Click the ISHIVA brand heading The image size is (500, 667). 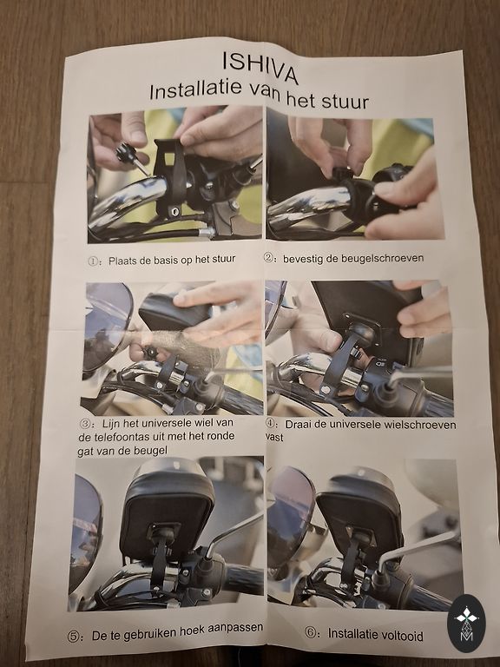260,67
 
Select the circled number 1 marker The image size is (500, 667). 93,261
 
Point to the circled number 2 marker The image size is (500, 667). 269,258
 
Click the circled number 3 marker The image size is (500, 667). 85,424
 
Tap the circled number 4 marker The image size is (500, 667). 271,424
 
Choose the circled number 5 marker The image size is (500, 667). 73,637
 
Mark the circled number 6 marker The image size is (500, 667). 311,633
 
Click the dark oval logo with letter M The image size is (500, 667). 466,624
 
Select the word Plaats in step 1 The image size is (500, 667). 122,261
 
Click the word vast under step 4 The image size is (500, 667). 274,438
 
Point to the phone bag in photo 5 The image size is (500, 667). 168,512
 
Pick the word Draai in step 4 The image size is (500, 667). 298,424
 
